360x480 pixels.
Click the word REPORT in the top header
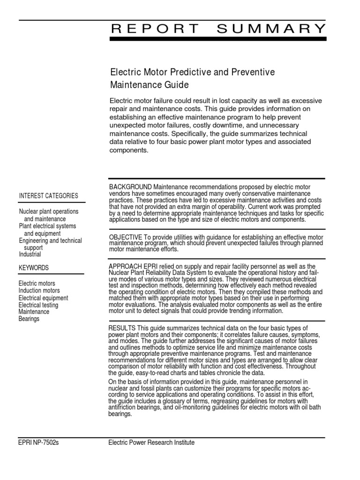pos(155,29)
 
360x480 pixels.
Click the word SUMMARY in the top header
pos(271,29)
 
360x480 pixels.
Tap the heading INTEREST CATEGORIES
pos(49,195)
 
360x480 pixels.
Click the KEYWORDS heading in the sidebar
pos(34,268)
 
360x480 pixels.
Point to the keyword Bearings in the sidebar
pos(29,319)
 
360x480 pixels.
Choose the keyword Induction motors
pos(40,291)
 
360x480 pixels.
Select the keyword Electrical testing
pos(38,305)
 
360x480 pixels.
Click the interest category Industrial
pos(30,255)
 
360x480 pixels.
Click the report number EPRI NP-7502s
pos(39,442)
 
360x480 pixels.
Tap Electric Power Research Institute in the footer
pos(151,442)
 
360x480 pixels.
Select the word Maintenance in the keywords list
pos(34,312)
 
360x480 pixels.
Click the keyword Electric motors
pos(37,284)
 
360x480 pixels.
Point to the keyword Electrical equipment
pos(43,298)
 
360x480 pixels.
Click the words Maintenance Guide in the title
pos(149,85)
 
